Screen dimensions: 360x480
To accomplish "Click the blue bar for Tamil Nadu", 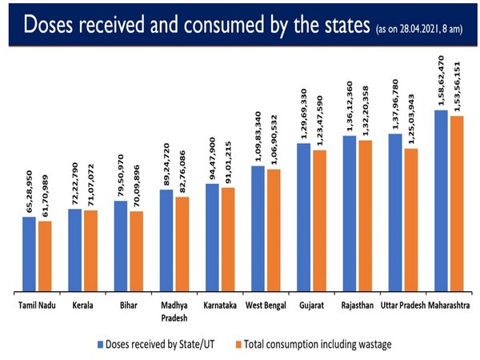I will coord(29,254).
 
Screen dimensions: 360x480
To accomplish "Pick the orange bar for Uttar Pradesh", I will coord(410,221).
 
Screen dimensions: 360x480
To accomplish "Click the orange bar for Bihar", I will coord(135,252).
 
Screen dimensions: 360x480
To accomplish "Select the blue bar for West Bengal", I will coord(258,230).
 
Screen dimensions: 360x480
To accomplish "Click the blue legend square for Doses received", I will coord(102,344).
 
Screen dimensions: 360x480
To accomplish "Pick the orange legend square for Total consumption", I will coord(240,344).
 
